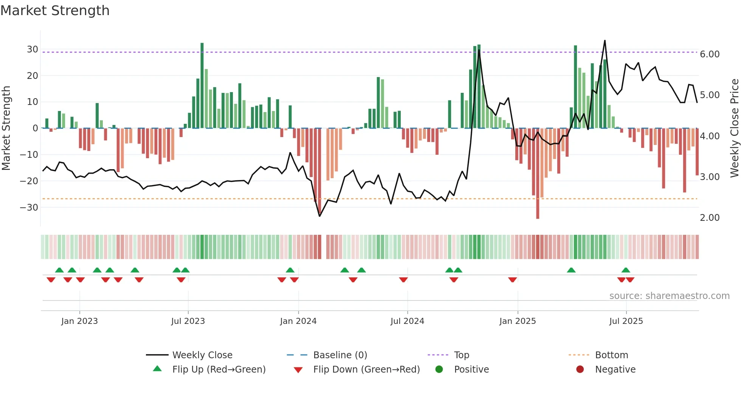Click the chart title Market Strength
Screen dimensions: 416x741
pyautogui.click(x=55, y=11)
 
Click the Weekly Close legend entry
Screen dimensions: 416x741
pyautogui.click(x=202, y=355)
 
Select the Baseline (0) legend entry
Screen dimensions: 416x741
pyautogui.click(x=340, y=355)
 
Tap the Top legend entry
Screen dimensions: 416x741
pyautogui.click(x=461, y=355)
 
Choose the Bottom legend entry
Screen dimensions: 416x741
pyautogui.click(x=611, y=355)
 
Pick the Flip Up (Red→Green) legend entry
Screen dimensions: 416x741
pyautogui.click(x=219, y=370)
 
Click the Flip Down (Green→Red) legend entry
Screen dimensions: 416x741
pyautogui.click(x=366, y=370)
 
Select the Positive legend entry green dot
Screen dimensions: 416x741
pyautogui.click(x=439, y=369)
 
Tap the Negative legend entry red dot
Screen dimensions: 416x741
pyautogui.click(x=580, y=369)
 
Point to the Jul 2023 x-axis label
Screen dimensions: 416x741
pyautogui.click(x=188, y=321)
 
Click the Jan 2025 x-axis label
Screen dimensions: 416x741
pyautogui.click(x=517, y=321)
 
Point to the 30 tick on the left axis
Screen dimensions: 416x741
pyautogui.click(x=33, y=49)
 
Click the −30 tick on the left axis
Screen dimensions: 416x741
pyautogui.click(x=29, y=207)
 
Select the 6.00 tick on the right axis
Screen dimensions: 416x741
pyautogui.click(x=710, y=54)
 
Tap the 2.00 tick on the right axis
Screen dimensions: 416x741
pyautogui.click(x=710, y=218)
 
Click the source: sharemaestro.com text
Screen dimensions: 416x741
pyautogui.click(x=669, y=296)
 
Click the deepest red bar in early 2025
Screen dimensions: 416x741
pyautogui.click(x=538, y=174)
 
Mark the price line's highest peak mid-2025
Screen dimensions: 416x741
pyautogui.click(x=605, y=40)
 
